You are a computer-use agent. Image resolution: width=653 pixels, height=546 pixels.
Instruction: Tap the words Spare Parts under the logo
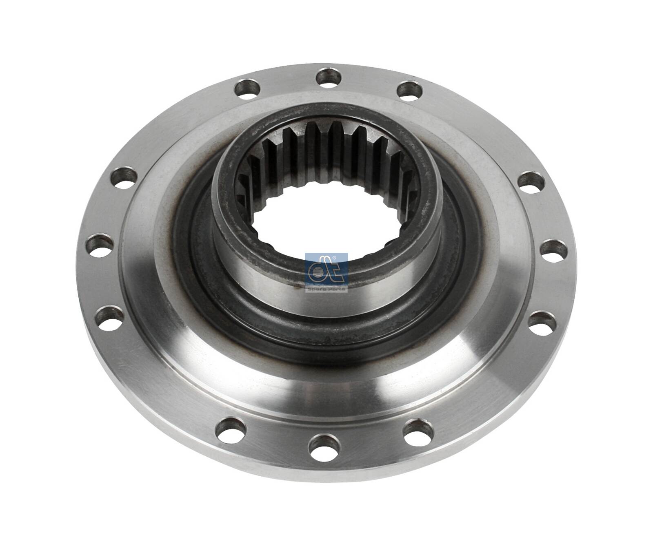coord(326,289)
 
